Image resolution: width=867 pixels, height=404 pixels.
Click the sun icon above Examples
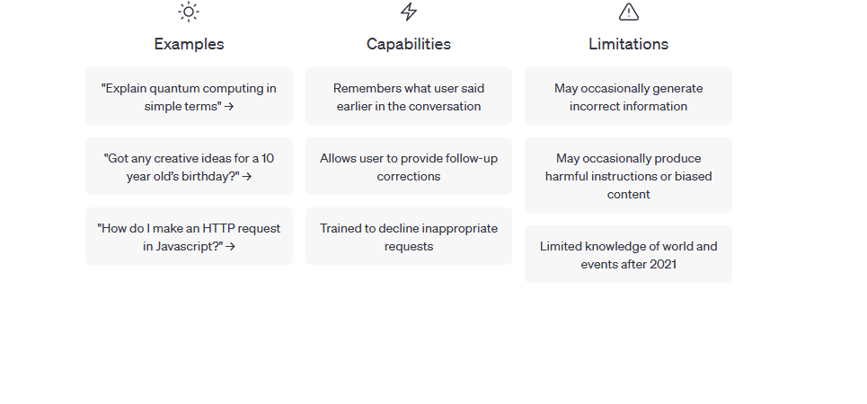point(189,12)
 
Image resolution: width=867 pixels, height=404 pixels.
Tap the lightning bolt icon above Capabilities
point(409,12)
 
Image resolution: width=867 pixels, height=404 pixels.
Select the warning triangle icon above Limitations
point(629,12)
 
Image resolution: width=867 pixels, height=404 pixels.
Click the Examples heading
point(189,44)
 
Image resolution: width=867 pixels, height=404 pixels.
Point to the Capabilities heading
point(409,44)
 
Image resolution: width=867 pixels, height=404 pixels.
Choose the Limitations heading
point(629,44)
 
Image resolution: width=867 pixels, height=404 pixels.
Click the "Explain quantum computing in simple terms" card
point(189,97)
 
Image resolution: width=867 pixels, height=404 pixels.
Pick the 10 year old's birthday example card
point(189,167)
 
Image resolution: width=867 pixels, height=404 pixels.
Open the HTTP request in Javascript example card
point(189,236)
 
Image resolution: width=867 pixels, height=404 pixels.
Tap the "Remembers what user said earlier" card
point(409,97)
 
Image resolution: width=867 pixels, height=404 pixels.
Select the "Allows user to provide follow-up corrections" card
point(409,167)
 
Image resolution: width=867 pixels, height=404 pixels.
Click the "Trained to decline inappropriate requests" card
point(409,236)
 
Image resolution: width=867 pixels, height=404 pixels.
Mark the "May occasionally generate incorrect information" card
point(628,97)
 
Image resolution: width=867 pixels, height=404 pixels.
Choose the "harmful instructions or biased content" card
point(628,176)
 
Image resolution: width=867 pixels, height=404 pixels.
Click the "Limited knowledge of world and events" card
point(628,254)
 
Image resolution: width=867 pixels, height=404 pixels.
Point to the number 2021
point(663,264)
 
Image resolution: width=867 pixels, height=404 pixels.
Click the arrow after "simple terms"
point(229,107)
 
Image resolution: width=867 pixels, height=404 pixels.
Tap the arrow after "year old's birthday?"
point(247,177)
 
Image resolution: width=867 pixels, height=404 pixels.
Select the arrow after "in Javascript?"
point(231,247)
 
